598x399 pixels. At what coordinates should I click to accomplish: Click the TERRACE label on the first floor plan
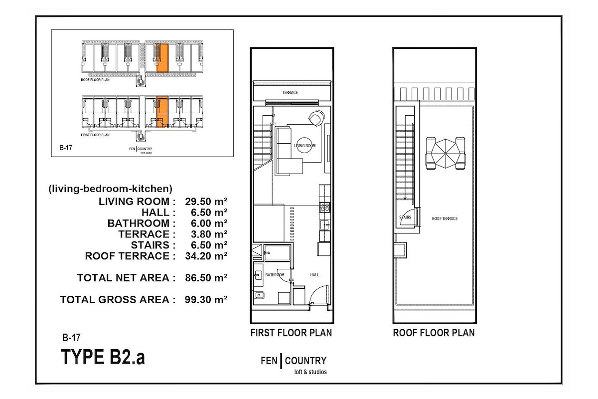(290, 92)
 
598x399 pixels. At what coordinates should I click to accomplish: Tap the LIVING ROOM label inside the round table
(304, 146)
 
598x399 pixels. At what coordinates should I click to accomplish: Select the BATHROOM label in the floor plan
(275, 275)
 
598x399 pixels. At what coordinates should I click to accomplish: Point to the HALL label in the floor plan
(314, 275)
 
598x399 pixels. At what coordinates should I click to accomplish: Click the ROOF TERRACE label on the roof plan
(445, 218)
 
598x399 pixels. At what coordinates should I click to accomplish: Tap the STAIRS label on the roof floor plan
(405, 217)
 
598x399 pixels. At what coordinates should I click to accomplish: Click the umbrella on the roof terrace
(446, 154)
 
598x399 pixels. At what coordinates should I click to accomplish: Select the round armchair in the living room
(317, 118)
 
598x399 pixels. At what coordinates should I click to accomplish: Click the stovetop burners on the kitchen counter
(325, 207)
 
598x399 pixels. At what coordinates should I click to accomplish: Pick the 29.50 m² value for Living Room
(206, 201)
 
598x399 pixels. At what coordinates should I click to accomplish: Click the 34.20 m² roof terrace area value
(206, 256)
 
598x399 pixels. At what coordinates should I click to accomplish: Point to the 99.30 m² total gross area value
(206, 300)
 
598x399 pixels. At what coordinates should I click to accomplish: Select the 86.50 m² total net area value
(206, 278)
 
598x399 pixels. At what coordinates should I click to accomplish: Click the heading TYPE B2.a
(103, 357)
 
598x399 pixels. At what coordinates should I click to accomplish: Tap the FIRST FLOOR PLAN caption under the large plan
(291, 333)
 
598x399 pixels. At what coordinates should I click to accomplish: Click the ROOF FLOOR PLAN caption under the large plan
(434, 333)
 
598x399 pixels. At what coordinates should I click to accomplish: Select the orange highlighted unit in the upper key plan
(162, 58)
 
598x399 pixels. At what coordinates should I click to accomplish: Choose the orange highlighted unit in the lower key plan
(162, 112)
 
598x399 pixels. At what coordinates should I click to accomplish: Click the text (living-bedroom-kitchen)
(110, 189)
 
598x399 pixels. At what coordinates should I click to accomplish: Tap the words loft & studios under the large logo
(310, 372)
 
